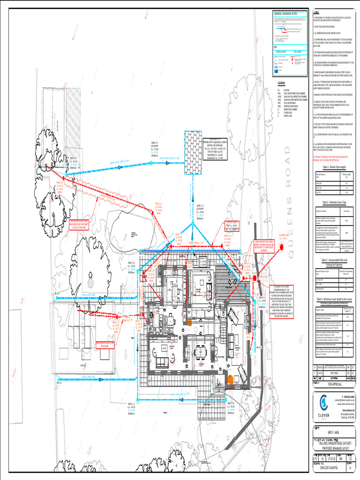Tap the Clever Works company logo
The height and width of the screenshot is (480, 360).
coord(323,402)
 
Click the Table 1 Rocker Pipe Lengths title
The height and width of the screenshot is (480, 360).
coord(333,167)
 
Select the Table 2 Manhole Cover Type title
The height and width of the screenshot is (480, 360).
coord(333,202)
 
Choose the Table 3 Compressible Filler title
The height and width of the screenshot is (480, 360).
coord(333,261)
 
